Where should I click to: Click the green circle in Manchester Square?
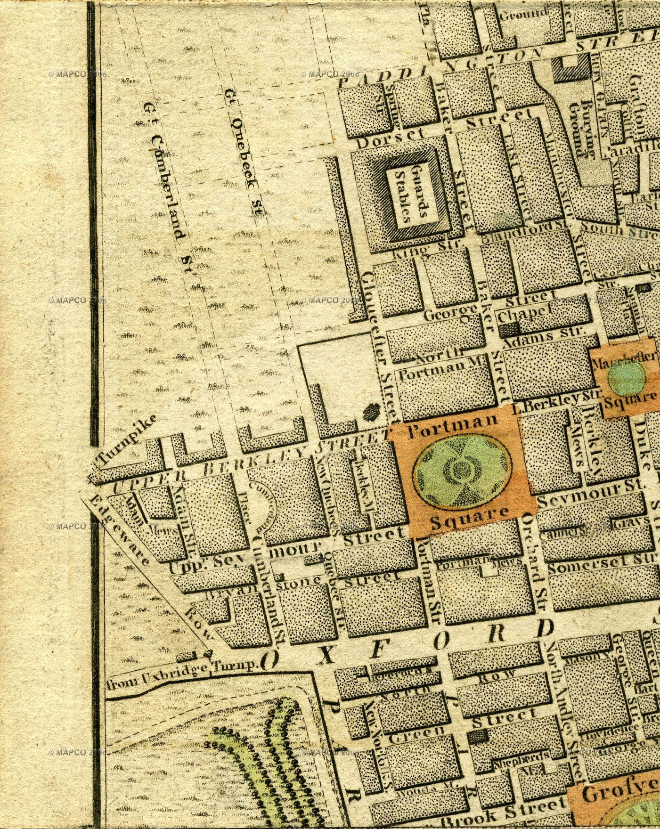(x=627, y=378)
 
